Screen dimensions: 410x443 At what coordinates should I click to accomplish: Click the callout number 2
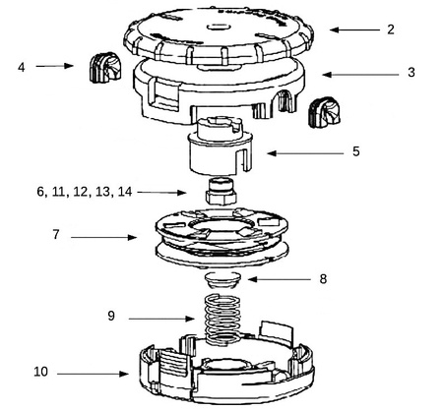coord(390,29)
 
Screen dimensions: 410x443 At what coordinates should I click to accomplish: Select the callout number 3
coord(411,73)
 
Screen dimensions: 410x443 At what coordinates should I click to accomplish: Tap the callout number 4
coord(21,67)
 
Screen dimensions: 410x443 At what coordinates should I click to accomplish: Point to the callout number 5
coord(356,151)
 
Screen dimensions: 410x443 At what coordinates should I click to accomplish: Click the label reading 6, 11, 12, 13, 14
coord(84,193)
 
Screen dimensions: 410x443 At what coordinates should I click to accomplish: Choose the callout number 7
coord(56,236)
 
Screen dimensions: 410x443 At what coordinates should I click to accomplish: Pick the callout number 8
coord(323,279)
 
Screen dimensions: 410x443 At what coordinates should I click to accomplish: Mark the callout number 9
coord(111,317)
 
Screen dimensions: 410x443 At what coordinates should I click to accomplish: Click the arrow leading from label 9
coord(163,318)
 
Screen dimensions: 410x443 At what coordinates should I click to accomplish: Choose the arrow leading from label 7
coord(103,237)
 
